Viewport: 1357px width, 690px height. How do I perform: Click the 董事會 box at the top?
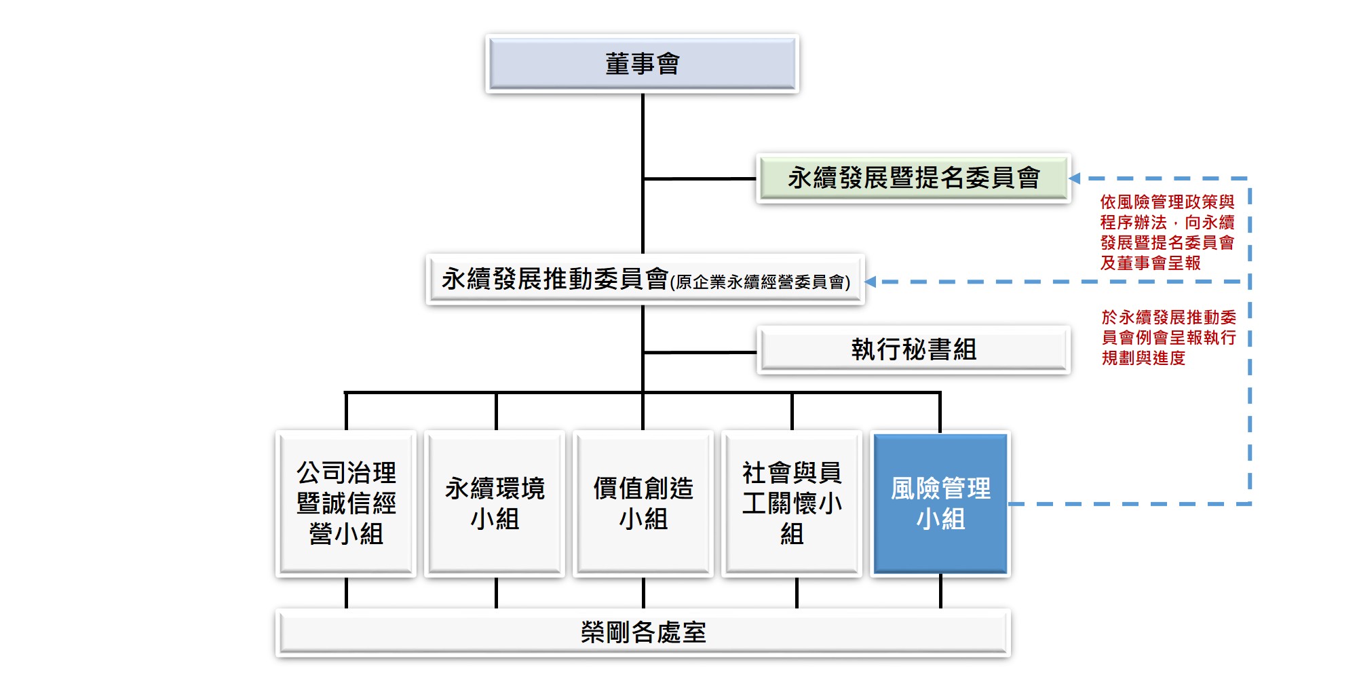pyautogui.click(x=642, y=64)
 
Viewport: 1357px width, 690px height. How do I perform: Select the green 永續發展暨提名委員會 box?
pyautogui.click(x=913, y=178)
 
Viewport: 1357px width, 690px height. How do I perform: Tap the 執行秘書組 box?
pyautogui.click(x=913, y=350)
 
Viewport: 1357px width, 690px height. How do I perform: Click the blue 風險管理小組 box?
pyautogui.click(x=940, y=503)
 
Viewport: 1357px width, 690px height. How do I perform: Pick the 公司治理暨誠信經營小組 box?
pyautogui.click(x=346, y=503)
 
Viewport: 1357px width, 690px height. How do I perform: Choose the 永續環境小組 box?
pyautogui.click(x=495, y=503)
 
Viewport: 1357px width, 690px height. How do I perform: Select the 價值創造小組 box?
pyautogui.click(x=643, y=503)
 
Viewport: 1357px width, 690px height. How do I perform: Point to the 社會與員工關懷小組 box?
pyautogui.click(x=792, y=503)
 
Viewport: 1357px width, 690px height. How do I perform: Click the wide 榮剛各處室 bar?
pyautogui.click(x=643, y=632)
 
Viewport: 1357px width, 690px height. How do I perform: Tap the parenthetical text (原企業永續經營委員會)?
pyautogui.click(x=760, y=282)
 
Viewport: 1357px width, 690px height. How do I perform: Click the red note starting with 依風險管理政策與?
pyautogui.click(x=1167, y=232)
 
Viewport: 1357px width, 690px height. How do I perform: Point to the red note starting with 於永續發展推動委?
pyautogui.click(x=1168, y=337)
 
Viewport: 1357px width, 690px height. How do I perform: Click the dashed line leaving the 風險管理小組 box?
pyautogui.click(x=1126, y=503)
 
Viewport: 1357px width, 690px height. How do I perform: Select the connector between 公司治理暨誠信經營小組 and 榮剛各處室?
pyautogui.click(x=346, y=593)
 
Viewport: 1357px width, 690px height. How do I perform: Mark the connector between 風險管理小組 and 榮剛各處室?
pyautogui.click(x=940, y=592)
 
